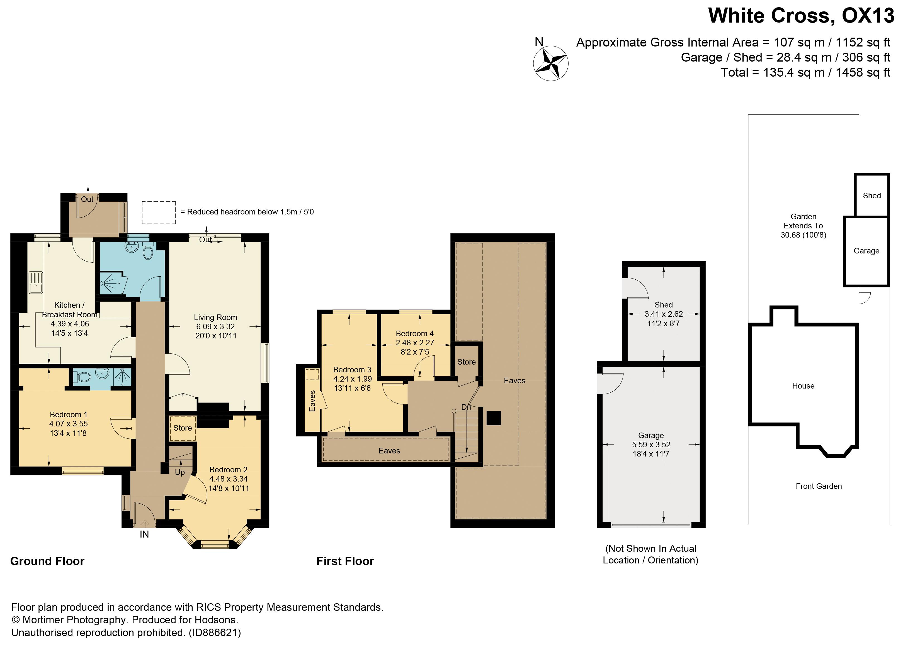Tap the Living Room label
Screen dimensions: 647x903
215,317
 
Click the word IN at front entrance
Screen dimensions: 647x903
144,534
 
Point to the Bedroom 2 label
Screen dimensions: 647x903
228,470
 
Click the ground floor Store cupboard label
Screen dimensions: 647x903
182,428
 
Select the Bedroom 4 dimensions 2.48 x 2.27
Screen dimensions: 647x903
414,343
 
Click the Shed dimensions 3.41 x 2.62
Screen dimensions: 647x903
663,314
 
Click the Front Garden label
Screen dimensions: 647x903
818,486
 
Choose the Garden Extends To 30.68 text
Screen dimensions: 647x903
803,226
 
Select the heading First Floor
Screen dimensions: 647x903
345,561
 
